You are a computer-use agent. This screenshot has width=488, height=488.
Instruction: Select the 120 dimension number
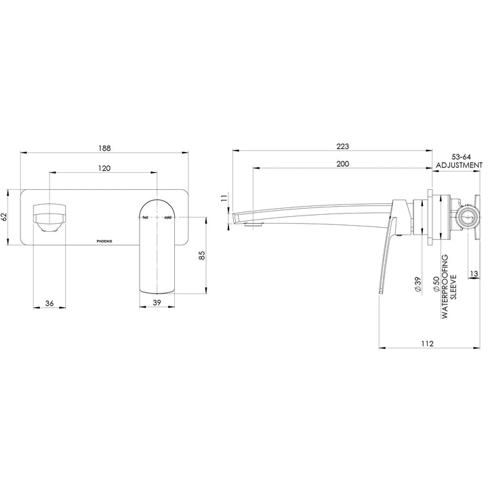pyautogui.click(x=104, y=168)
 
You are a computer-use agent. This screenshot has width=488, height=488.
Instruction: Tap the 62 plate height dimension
pyautogui.click(x=5, y=217)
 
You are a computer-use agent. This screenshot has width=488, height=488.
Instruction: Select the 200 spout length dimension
pyautogui.click(x=343, y=165)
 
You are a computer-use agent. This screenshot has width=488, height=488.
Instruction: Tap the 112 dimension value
pyautogui.click(x=426, y=344)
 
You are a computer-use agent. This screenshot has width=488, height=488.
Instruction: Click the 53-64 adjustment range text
pyautogui.click(x=459, y=156)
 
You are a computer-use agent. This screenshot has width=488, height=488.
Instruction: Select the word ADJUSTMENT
pyautogui.click(x=459, y=165)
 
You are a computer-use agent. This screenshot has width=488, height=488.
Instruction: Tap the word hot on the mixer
pyautogui.click(x=144, y=218)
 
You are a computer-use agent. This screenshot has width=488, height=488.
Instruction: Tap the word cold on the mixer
pyautogui.click(x=168, y=218)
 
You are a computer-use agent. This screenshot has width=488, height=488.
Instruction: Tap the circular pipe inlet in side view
pyautogui.click(x=466, y=217)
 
